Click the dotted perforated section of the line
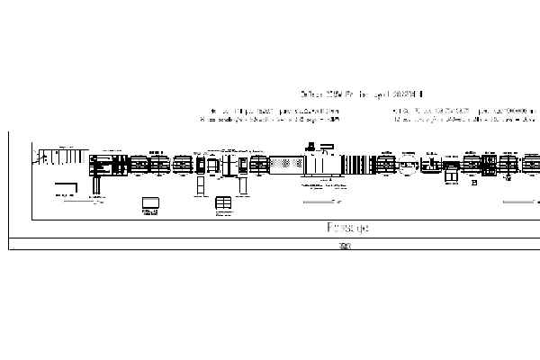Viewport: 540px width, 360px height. tap(286, 166)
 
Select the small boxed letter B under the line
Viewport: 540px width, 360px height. tap(473, 183)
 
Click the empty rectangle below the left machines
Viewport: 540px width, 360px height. tap(149, 203)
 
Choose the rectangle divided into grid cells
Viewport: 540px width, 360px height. tap(223, 204)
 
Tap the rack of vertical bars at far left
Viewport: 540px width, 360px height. tap(56, 158)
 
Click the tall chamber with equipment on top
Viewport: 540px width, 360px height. tap(321, 165)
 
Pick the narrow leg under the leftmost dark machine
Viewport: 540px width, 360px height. tap(97, 184)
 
